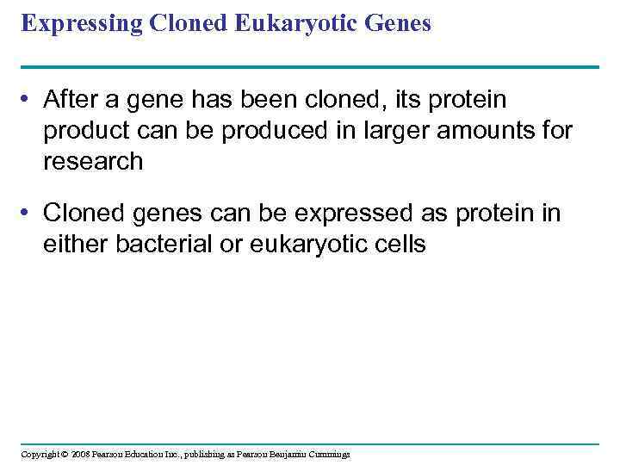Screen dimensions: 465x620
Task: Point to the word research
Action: click(93, 161)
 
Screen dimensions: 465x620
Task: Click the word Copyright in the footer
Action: click(40, 454)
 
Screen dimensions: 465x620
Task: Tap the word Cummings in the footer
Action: click(330, 454)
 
